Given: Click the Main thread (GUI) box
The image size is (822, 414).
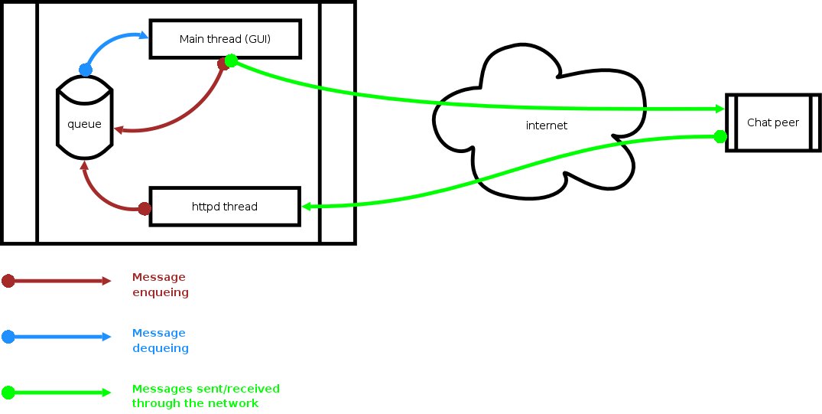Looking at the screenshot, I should pyautogui.click(x=225, y=39).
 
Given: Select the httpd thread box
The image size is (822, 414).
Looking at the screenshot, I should pyautogui.click(x=224, y=207).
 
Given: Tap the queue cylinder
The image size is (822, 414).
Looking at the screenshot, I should pyautogui.click(x=85, y=122).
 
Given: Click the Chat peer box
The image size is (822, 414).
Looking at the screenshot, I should pyautogui.click(x=772, y=122).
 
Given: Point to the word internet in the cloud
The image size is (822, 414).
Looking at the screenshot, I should pyautogui.click(x=547, y=126).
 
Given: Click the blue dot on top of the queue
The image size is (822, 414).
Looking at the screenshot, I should pyautogui.click(x=85, y=70).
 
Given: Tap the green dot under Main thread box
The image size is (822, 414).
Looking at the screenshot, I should pyautogui.click(x=230, y=60).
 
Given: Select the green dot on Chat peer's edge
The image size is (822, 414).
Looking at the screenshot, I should pyautogui.click(x=720, y=136).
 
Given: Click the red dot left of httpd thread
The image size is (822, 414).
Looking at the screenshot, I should pyautogui.click(x=144, y=208).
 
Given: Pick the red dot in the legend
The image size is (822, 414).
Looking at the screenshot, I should pyautogui.click(x=8, y=281).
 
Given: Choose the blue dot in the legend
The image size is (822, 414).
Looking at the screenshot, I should pyautogui.click(x=8, y=336).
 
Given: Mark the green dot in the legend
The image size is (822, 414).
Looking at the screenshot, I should pyautogui.click(x=8, y=393).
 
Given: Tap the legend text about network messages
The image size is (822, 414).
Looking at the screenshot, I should pyautogui.click(x=206, y=396).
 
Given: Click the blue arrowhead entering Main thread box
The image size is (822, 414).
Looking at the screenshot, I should pyautogui.click(x=143, y=34).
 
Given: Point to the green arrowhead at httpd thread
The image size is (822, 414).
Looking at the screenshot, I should pyautogui.click(x=307, y=207).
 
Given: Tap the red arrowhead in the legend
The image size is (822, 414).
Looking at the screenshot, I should pyautogui.click(x=107, y=281).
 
